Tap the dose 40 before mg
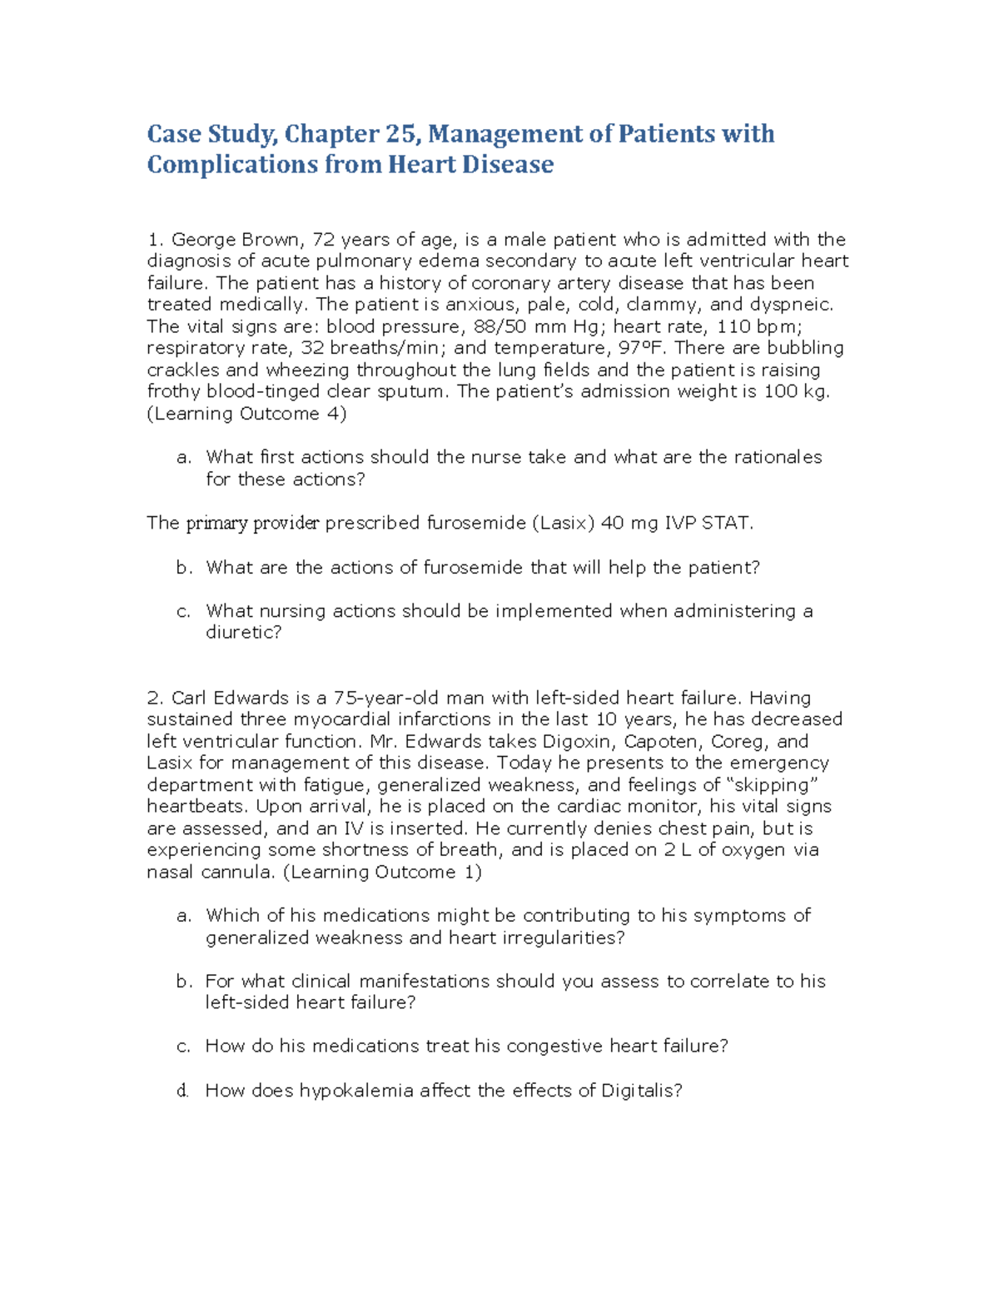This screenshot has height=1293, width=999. [612, 523]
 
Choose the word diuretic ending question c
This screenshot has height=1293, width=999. [241, 632]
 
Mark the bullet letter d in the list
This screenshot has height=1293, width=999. [182, 1090]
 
